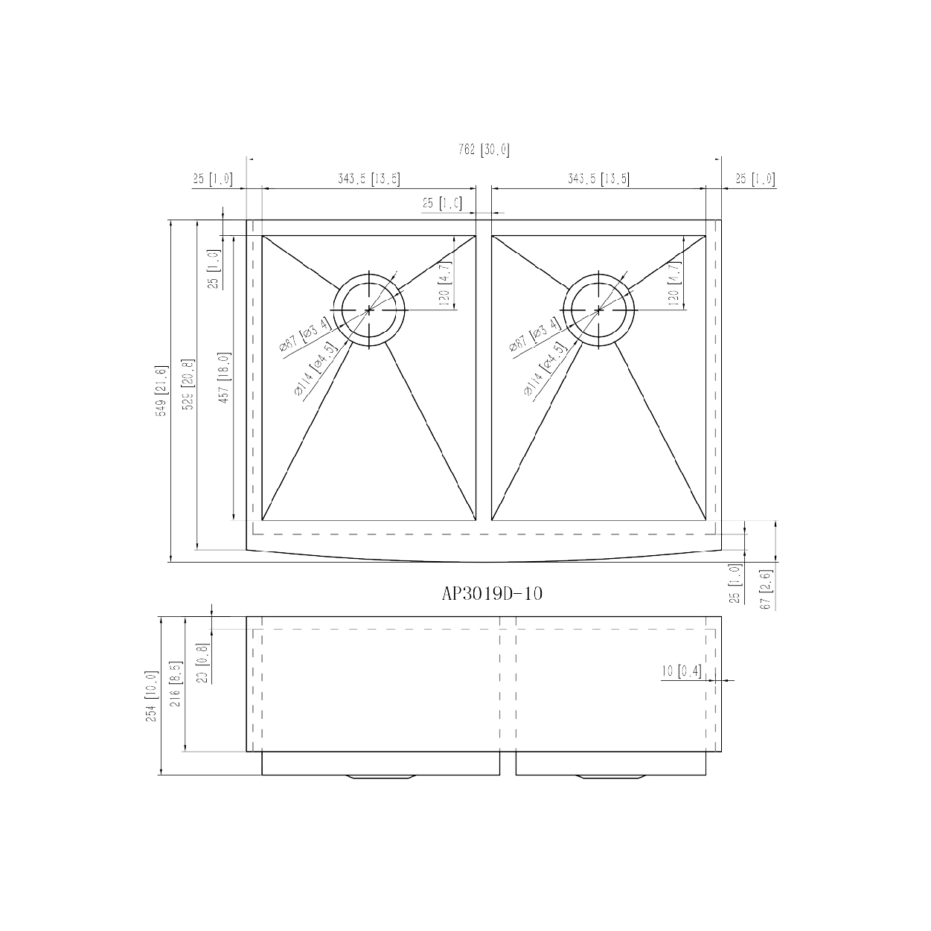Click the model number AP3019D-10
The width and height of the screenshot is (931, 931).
pyautogui.click(x=491, y=593)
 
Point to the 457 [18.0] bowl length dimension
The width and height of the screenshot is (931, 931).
pyautogui.click(x=223, y=377)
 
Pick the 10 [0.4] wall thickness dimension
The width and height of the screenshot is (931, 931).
pyautogui.click(x=681, y=672)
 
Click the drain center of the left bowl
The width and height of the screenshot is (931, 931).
pyautogui.click(x=370, y=309)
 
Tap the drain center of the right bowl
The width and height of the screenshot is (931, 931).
pyautogui.click(x=599, y=309)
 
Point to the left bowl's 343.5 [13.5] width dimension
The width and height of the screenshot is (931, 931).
pyautogui.click(x=368, y=179)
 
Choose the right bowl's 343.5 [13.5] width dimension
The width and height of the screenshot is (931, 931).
pyautogui.click(x=598, y=179)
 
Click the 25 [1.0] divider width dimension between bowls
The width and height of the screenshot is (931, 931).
pyautogui.click(x=442, y=204)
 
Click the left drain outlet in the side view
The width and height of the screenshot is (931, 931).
pyautogui.click(x=380, y=778)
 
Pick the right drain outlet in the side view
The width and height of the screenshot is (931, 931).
pyautogui.click(x=610, y=778)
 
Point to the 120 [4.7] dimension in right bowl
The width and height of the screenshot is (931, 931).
pyautogui.click(x=674, y=284)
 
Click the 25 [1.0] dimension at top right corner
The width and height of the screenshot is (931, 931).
pyautogui.click(x=754, y=179)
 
